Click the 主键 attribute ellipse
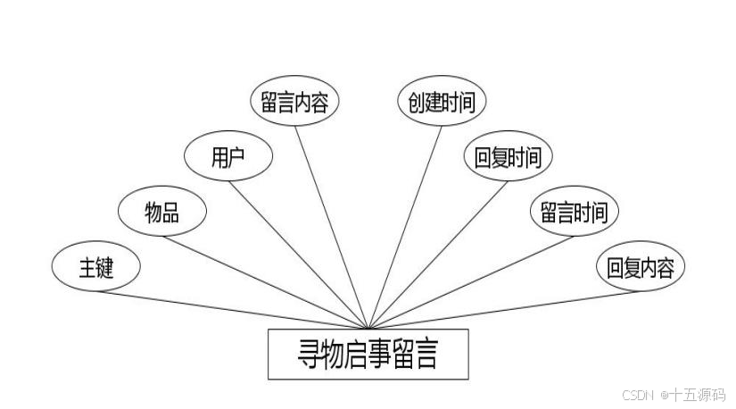(95, 267)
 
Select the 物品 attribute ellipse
(161, 212)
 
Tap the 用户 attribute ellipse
(227, 157)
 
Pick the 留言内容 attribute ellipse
(294, 103)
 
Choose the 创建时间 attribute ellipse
(441, 101)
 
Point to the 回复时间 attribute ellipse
(508, 157)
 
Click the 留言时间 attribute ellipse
(574, 212)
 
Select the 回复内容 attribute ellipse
(640, 267)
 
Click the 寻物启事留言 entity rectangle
(367, 355)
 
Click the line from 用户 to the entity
(299, 255)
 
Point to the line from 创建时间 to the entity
(404, 228)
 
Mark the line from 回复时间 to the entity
(437, 255)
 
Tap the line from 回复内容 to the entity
(503, 310)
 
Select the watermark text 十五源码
(699, 394)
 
